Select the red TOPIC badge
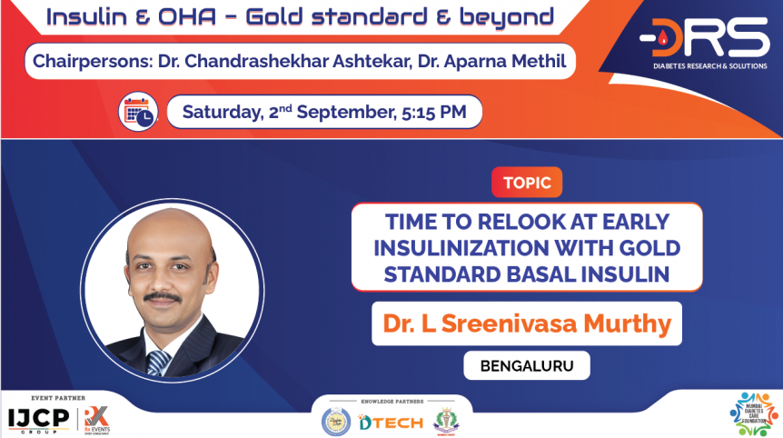[527, 183]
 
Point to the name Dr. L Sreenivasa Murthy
[526, 324]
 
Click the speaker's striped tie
[160, 360]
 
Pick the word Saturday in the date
[220, 113]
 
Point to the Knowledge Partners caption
[391, 400]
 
